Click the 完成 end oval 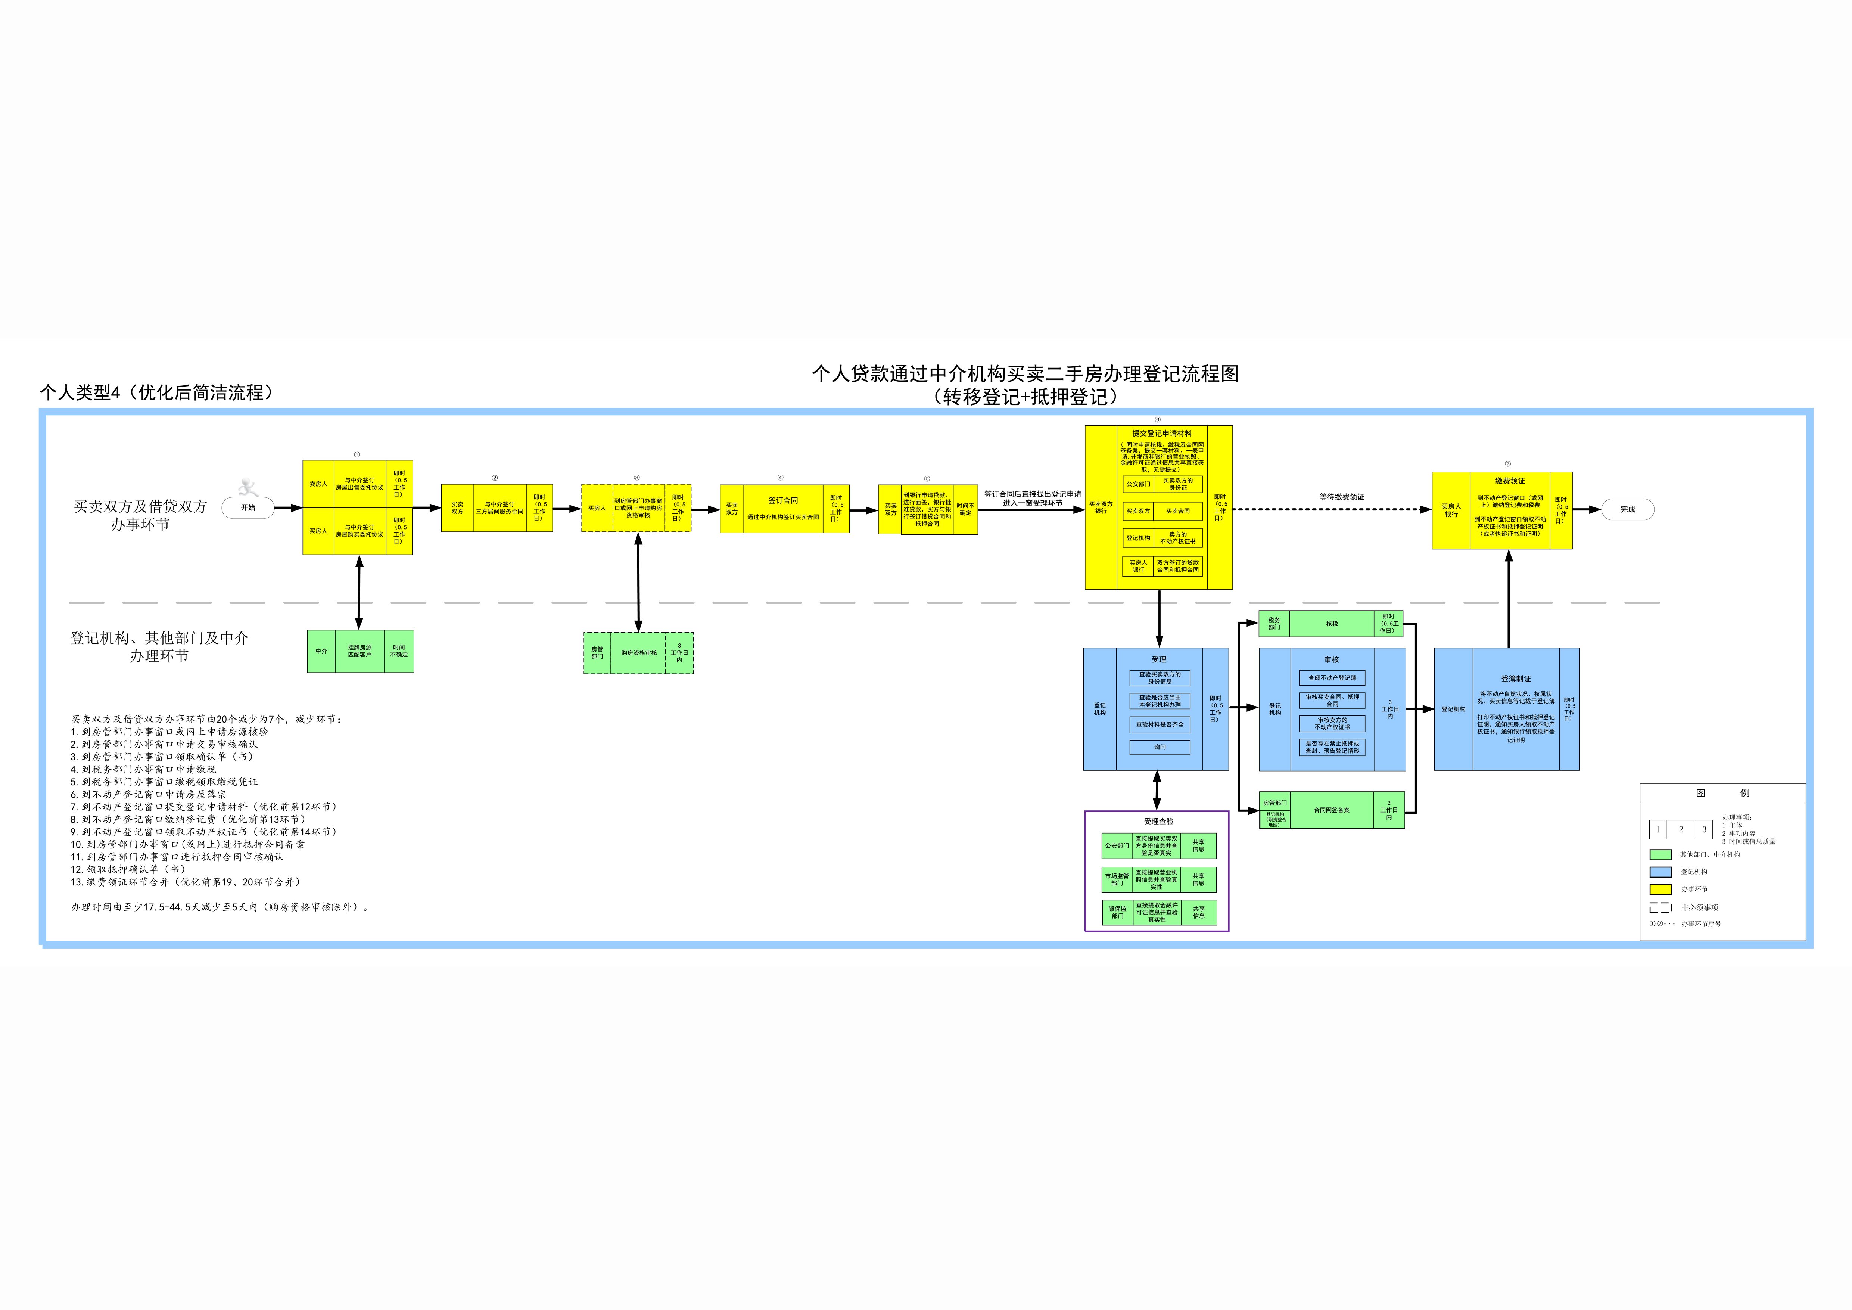pyautogui.click(x=1627, y=510)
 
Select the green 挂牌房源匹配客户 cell pyautogui.click(x=360, y=651)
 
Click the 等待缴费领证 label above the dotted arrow pyautogui.click(x=1341, y=497)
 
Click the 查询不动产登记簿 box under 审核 pyautogui.click(x=1332, y=679)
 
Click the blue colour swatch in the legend pyautogui.click(x=1660, y=872)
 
